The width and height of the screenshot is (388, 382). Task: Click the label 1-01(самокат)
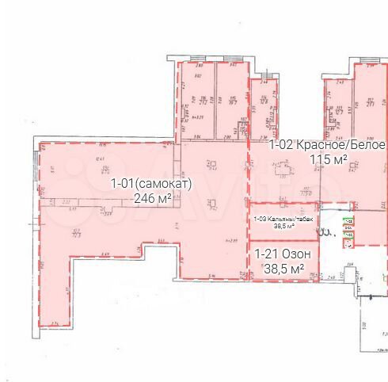[x=150, y=184]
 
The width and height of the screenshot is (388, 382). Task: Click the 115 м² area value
[x=327, y=160]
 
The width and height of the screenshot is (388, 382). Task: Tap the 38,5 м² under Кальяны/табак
[x=284, y=226]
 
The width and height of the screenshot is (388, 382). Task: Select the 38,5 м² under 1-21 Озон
[x=284, y=269]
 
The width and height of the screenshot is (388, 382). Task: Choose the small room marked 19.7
[x=233, y=101]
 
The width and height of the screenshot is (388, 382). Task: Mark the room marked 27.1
[x=370, y=101]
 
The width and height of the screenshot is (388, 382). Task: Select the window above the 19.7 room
[x=233, y=63]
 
